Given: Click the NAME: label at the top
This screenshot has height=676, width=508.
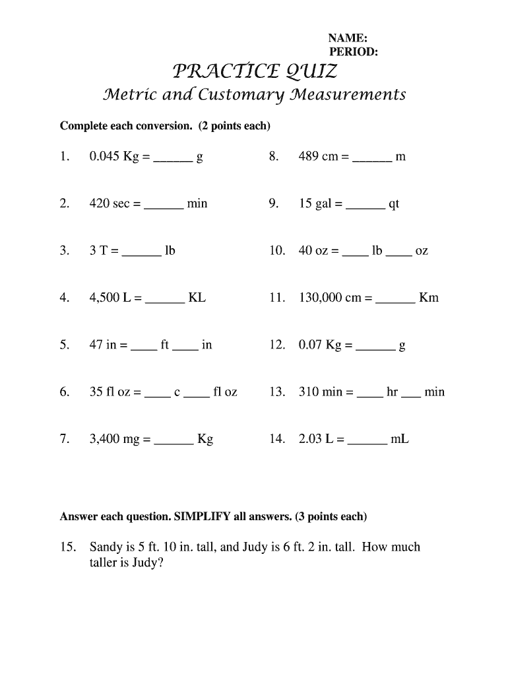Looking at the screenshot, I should tap(348, 39).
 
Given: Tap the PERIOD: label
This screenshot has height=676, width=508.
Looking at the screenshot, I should tap(353, 53).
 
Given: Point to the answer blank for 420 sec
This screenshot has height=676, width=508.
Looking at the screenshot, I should tap(164, 205).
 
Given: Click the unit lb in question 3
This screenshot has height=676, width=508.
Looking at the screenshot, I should tap(170, 251).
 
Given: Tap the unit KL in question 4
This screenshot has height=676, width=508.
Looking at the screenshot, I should tap(197, 298).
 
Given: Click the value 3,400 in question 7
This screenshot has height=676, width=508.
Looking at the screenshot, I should tap(105, 439).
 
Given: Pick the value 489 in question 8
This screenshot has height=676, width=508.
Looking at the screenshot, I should tap(309, 157).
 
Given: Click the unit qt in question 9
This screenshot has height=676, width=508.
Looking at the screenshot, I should tap(394, 205).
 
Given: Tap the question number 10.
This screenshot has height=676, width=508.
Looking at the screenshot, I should tap(277, 251).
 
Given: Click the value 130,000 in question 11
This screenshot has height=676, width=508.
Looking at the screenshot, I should tap(321, 298).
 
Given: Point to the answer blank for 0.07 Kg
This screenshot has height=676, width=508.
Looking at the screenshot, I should tap(375, 347).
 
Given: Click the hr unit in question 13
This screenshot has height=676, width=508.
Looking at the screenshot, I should tap(393, 392).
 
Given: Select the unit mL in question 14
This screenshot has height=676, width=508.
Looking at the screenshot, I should tap(400, 439).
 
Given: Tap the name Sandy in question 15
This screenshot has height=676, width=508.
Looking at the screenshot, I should tap(105, 547).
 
